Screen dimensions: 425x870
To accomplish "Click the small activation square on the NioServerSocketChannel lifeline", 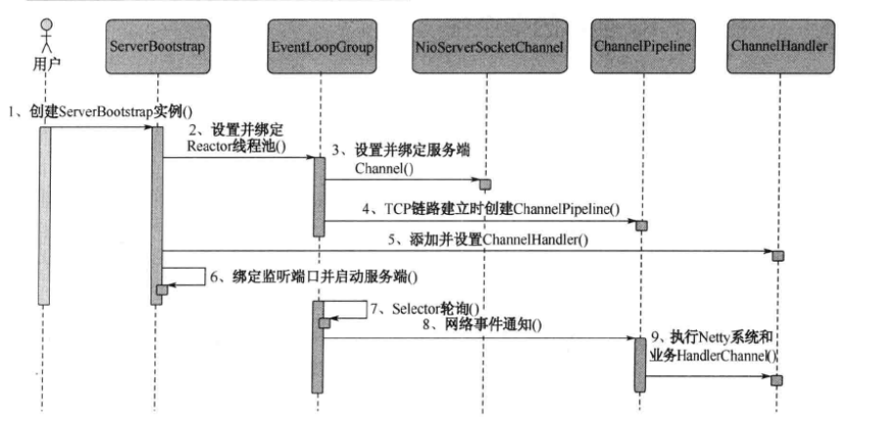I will click(x=484, y=184).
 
